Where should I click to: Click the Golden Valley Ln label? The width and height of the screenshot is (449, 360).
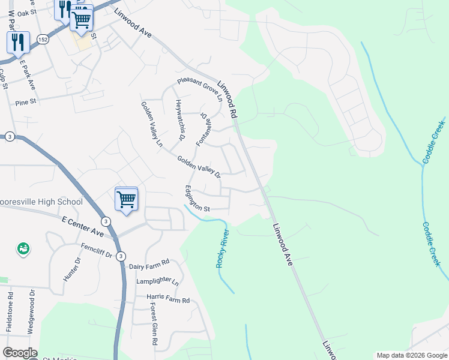point(152,124)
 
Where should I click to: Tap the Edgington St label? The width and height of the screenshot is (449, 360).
point(197,199)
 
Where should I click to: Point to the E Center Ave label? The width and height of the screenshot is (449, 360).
point(83,226)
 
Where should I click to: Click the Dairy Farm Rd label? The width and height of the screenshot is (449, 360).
point(149,263)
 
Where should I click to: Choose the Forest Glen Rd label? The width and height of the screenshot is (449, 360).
point(154,323)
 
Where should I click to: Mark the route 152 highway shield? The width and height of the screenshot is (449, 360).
point(41,38)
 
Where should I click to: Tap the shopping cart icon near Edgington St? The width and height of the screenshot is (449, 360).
point(126,199)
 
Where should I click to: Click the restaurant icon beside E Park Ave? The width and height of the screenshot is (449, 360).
point(18,42)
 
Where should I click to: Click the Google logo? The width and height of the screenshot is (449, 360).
point(20,353)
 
